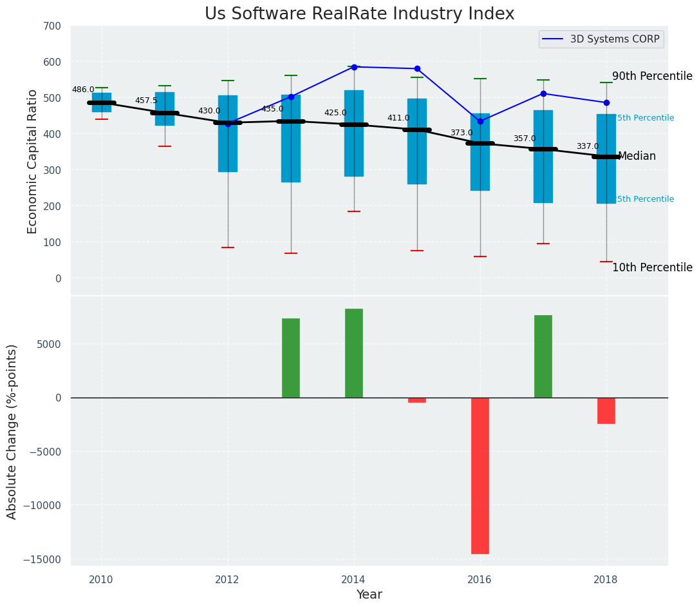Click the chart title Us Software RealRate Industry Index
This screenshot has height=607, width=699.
359,14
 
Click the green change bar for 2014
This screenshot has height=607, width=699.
354,353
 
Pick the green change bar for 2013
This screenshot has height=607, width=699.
291,358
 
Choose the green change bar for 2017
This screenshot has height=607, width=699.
543,356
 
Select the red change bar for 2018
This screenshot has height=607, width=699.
606,410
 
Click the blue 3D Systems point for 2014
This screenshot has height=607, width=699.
354,67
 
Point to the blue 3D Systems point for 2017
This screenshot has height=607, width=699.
543,93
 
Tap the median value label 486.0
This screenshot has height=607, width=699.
83,90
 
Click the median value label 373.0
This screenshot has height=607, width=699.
461,133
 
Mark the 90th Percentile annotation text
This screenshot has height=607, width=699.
652,76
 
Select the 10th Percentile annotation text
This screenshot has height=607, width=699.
652,267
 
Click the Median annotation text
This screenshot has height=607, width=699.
637,157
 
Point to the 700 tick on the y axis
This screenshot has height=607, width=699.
52,26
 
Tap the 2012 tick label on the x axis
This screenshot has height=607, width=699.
227,580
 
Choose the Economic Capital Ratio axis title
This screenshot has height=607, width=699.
33,161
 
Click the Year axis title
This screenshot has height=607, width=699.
369,595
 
